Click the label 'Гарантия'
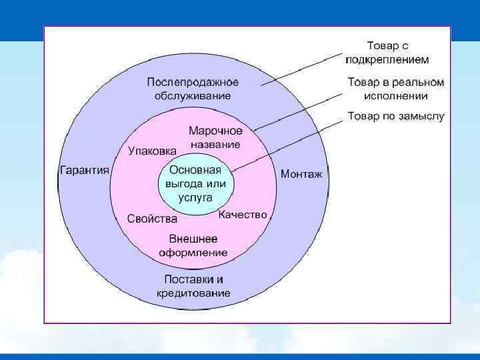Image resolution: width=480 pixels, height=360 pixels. tap(85, 170)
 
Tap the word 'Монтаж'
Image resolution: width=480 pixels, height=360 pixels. tap(301, 174)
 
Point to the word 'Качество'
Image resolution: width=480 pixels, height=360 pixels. tap(243, 215)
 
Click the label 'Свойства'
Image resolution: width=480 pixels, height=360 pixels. tap(152, 219)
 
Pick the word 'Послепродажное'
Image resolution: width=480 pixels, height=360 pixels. tap(193, 83)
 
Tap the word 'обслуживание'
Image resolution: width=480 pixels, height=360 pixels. tap(193, 95)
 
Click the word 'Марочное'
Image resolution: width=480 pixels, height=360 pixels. tap(215, 131)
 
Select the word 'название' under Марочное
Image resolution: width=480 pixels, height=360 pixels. tap(215, 143)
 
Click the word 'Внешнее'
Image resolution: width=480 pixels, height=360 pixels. tap(193, 239)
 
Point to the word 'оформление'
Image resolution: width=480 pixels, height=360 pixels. tap(193, 253)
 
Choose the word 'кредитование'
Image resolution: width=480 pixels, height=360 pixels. tap(194, 293)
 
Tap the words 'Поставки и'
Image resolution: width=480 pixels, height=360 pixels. tap(194, 279)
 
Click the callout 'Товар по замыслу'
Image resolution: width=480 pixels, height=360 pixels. tap(396, 117)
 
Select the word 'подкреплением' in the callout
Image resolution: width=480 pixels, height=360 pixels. tap(387, 59)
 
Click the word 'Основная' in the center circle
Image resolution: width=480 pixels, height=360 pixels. tap(195, 169)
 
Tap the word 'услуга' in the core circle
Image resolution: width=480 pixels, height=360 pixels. tap(195, 197)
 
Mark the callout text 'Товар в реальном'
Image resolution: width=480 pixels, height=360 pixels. tap(396, 83)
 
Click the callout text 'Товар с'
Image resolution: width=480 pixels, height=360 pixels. tap(387, 46)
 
